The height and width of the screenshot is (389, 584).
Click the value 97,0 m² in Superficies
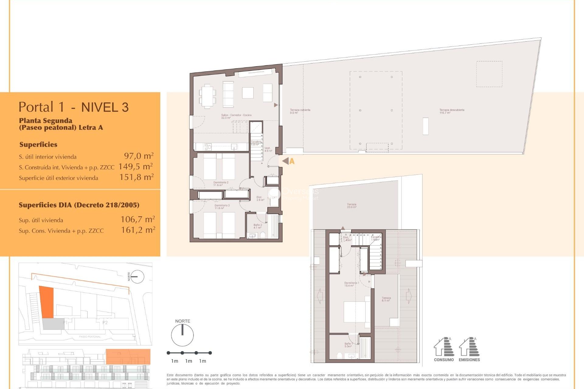138,156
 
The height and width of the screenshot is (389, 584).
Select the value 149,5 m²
135,167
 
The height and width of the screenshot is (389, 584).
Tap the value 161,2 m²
138,230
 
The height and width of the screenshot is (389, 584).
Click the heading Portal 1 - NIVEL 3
74,107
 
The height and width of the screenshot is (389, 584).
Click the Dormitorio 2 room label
221,184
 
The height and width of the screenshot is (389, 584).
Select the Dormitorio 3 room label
222,207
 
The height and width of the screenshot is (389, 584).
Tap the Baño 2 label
257,226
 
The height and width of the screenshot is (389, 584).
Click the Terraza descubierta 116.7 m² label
451,111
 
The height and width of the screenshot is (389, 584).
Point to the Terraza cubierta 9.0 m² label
300,111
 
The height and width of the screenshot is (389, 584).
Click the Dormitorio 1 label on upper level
351,284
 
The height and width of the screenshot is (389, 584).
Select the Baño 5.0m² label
348,345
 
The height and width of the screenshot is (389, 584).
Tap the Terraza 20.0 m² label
351,206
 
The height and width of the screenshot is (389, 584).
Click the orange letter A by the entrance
292,161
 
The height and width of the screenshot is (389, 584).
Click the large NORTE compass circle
182,335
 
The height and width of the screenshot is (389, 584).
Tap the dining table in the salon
207,96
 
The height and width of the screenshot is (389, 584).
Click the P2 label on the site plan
105,322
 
